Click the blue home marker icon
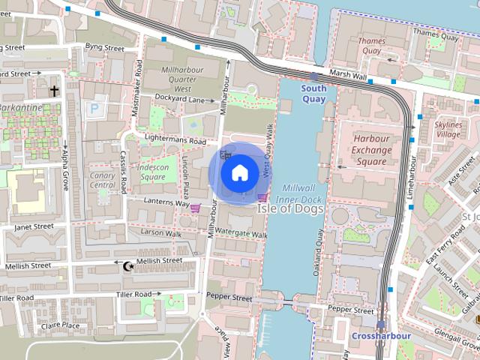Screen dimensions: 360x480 tap(239, 173)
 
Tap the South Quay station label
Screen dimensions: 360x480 tap(314, 93)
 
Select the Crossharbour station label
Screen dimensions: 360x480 tap(380, 335)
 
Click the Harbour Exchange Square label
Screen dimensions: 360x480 tap(371, 150)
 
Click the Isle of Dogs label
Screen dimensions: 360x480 tap(291, 209)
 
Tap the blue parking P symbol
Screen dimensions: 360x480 tap(94, 109)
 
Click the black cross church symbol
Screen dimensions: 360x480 tap(54, 91)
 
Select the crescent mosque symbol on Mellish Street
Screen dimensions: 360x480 tap(127, 265)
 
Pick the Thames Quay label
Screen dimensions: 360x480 tap(371, 46)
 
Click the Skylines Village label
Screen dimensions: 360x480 tap(448, 128)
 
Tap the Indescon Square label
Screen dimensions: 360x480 tap(153, 172)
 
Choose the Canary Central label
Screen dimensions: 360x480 tap(102, 180)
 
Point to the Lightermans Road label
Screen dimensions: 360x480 tap(175, 141)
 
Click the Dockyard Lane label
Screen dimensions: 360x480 tap(180, 98)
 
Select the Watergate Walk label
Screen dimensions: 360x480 tap(241, 234)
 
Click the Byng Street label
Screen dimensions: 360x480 tap(104, 47)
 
